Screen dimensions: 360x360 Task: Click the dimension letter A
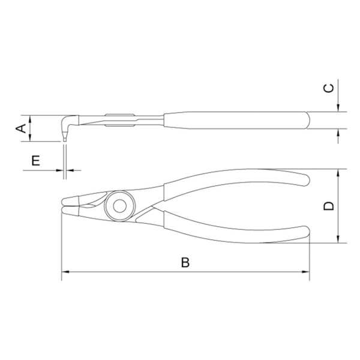pos(21,128)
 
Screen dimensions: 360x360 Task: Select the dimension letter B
pos(185,262)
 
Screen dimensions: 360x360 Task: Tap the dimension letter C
pos(329,88)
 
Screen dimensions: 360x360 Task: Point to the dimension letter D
pos(329,206)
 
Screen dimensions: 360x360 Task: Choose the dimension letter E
pos(35,160)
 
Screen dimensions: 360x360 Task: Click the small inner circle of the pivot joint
pos(119,206)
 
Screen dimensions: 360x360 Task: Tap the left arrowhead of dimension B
pos(65,272)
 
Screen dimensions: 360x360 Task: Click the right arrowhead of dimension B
pos(305,272)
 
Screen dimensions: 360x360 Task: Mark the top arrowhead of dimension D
pos(338,173)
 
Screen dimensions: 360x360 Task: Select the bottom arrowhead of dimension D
pos(338,239)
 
